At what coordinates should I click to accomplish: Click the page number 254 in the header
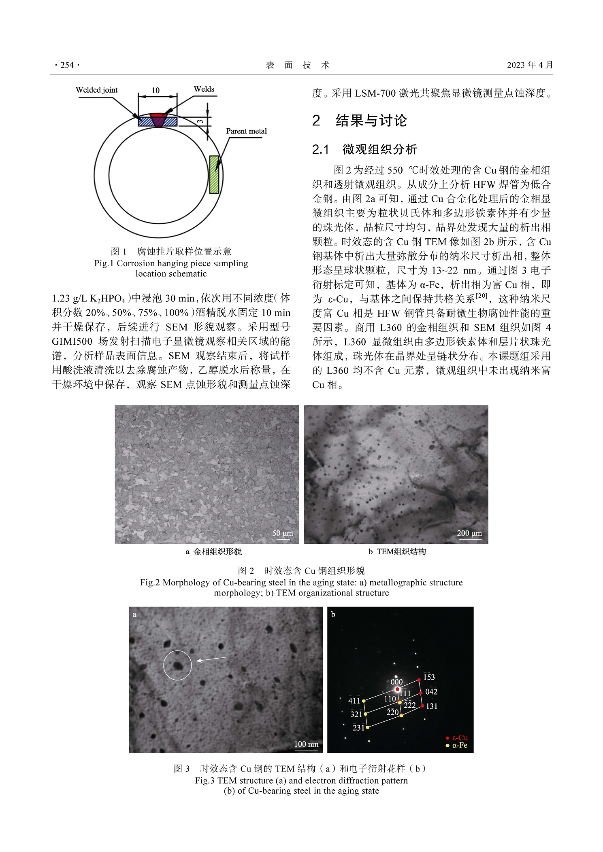click(67, 65)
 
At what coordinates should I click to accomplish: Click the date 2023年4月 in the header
click(530, 65)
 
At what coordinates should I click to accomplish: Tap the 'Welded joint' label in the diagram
click(97, 90)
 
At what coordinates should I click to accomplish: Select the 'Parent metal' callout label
click(246, 131)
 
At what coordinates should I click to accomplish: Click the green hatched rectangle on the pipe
click(214, 174)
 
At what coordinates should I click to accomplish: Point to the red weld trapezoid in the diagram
click(158, 120)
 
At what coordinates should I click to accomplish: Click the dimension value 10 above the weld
click(156, 91)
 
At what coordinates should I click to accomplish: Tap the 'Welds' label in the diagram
click(204, 89)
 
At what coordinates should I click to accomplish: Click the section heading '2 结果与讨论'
click(360, 121)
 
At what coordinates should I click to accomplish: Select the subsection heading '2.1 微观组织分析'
click(364, 150)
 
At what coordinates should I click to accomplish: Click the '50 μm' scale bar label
click(283, 533)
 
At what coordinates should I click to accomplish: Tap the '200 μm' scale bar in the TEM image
click(469, 533)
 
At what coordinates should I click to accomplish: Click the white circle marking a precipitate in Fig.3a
click(177, 665)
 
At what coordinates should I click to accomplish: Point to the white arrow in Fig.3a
click(211, 659)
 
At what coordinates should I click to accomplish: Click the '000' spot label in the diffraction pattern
click(396, 682)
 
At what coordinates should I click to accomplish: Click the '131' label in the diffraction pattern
click(432, 706)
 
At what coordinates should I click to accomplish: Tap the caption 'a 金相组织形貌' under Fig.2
click(214, 551)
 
